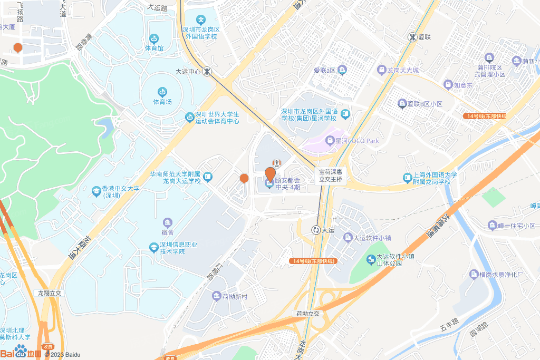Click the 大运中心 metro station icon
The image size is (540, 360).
(208, 71)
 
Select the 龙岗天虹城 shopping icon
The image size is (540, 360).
(382, 70)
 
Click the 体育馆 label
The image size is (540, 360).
(155, 48)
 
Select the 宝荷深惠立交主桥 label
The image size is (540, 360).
(331, 176)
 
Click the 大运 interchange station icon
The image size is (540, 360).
(316, 230)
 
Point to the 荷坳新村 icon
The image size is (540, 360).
(217, 296)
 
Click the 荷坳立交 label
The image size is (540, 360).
(307, 314)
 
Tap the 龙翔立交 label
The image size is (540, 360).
(50, 293)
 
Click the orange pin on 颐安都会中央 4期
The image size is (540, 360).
(270, 173)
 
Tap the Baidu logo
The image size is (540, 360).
(21, 352)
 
